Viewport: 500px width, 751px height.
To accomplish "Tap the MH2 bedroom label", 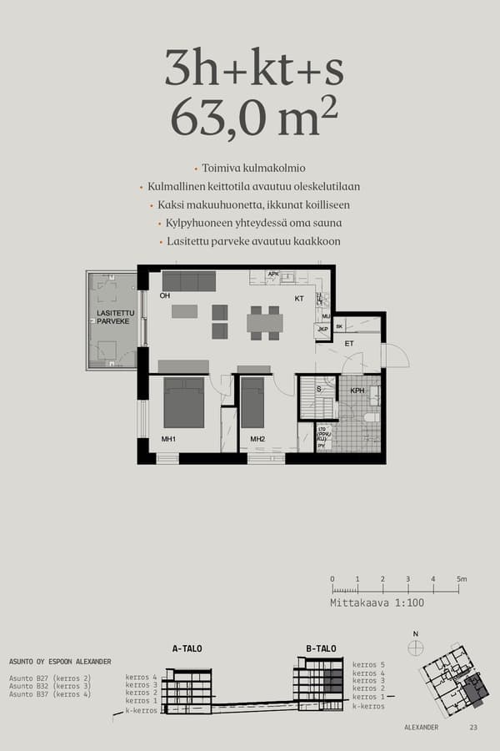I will [x=257, y=440].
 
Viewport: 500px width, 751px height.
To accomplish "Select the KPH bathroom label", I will [x=357, y=390].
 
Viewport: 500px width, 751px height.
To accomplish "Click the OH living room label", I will [x=165, y=295].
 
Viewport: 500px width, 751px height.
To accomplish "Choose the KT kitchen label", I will [x=298, y=298].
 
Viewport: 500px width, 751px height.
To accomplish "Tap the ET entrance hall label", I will [x=349, y=343].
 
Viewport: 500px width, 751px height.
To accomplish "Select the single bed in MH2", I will [x=252, y=402].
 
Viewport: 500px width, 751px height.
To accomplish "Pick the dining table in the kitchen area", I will [x=264, y=322].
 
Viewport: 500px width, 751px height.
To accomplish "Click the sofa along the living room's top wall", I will [x=188, y=280].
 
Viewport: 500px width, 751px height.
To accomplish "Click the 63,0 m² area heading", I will [x=254, y=118].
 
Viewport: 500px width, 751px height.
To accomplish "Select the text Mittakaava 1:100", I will [x=366, y=602].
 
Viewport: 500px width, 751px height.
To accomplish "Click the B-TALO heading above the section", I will [x=321, y=648].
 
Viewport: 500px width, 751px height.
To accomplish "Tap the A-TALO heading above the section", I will [x=187, y=648].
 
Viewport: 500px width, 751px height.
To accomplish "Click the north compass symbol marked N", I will [x=416, y=647].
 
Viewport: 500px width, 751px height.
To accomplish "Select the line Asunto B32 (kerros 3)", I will [x=50, y=686].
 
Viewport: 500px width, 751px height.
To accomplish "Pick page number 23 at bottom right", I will [x=473, y=728].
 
